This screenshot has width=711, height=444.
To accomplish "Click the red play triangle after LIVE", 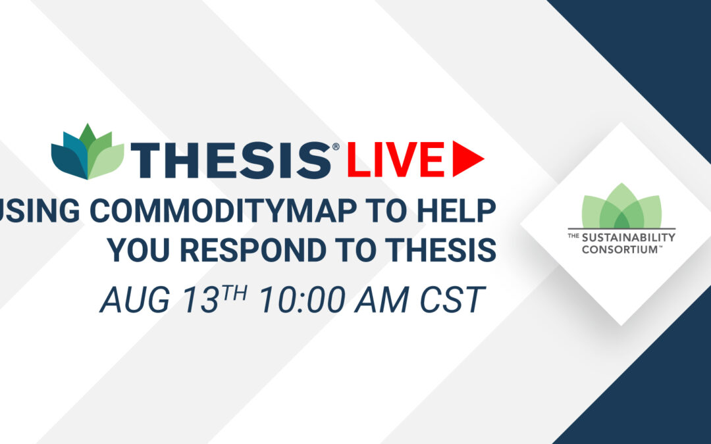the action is (x=467, y=159).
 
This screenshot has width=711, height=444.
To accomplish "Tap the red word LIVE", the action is (x=396, y=159).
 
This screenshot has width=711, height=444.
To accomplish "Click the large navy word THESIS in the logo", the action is (x=231, y=160).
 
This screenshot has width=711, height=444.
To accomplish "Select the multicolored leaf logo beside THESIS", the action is (x=88, y=152).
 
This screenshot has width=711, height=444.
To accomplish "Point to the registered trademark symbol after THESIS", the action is (x=336, y=146).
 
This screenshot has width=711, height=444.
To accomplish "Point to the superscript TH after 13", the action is (x=234, y=293).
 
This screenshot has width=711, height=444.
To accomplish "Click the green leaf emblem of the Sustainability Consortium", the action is (x=621, y=206).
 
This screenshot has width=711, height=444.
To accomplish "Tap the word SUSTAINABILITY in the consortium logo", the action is (x=629, y=237).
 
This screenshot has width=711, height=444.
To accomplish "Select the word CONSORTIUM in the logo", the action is (x=619, y=249).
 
